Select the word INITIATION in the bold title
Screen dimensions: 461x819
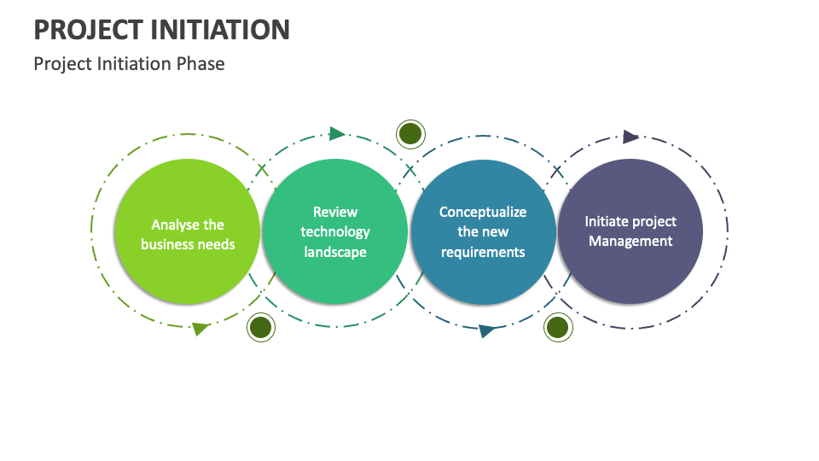[221, 29]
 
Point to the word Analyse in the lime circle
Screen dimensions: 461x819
[176, 225]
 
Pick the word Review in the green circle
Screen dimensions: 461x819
[334, 212]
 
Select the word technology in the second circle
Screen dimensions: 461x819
[334, 231]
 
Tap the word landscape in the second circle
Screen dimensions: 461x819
[334, 252]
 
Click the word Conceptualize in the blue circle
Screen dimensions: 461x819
[483, 212]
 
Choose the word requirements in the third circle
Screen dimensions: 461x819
[483, 252]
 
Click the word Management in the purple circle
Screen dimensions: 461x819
[630, 241]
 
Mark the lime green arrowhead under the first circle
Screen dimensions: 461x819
[200, 329]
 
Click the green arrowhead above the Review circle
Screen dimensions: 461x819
[337, 133]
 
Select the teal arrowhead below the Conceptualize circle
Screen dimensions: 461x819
[486, 330]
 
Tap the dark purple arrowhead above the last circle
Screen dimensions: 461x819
[630, 137]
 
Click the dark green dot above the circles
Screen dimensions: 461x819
[410, 133]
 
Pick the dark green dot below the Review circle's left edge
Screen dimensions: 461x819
[260, 328]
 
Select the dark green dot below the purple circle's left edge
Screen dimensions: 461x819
[557, 328]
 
